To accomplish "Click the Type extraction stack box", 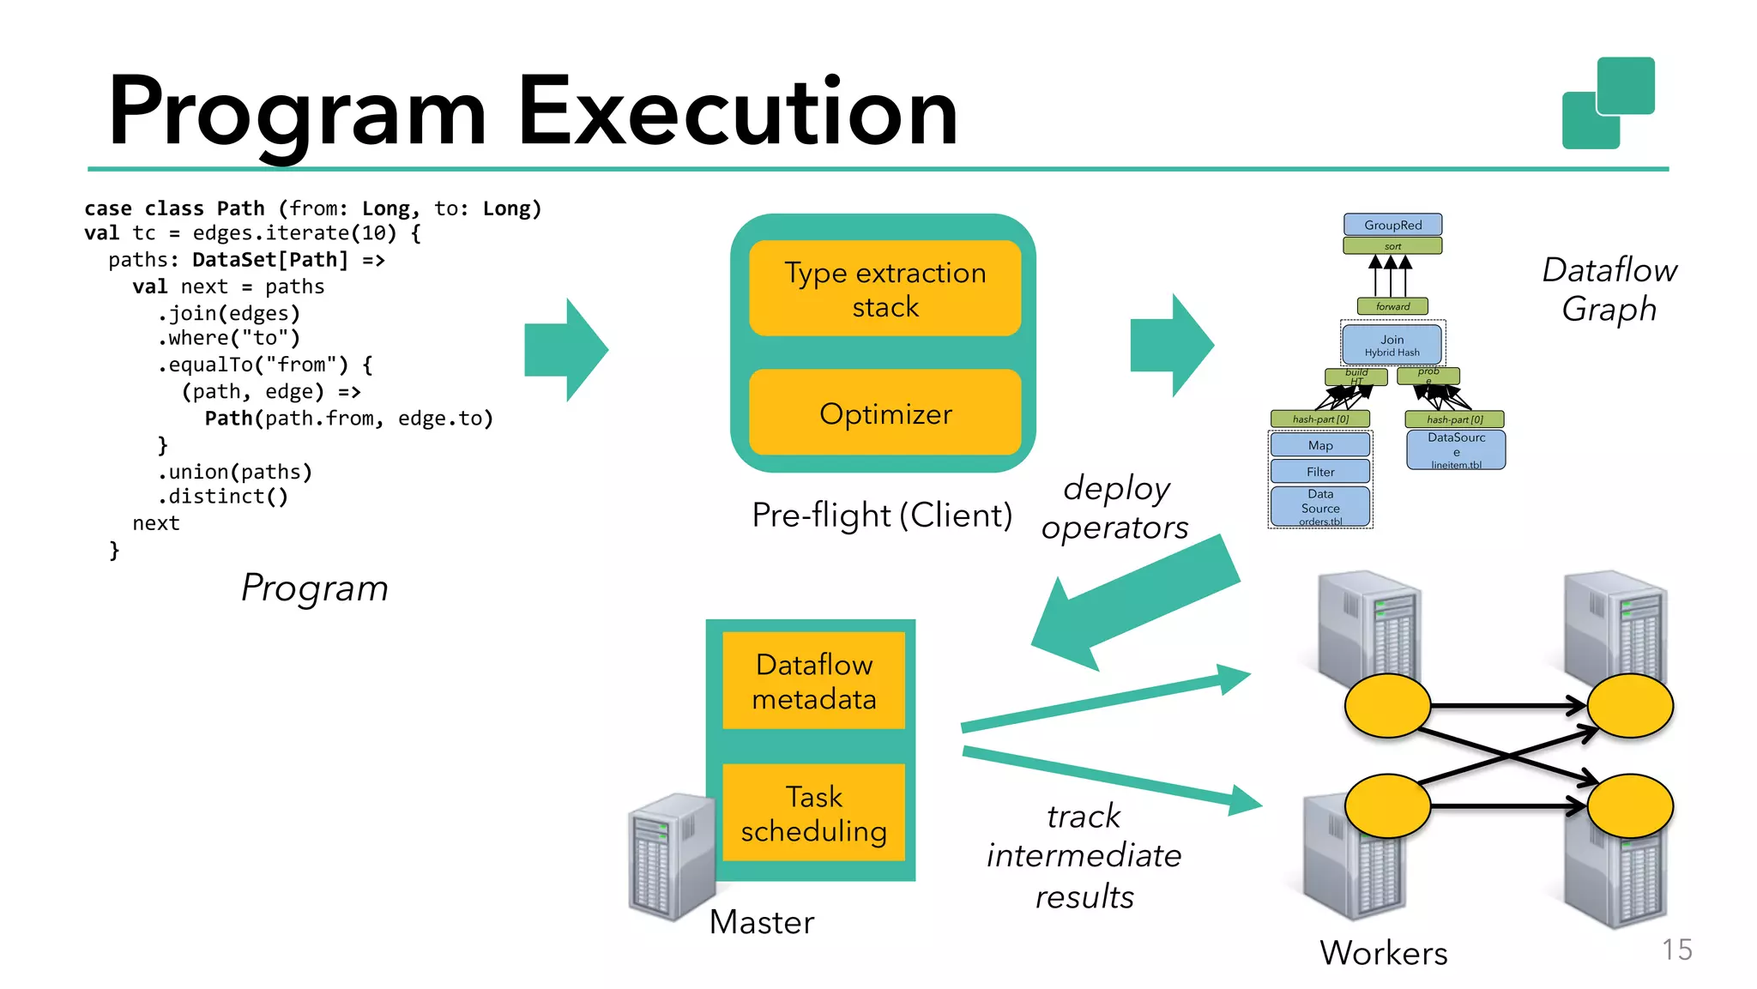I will pos(885,288).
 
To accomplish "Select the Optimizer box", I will pos(885,413).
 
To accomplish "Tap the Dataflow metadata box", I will pos(813,681).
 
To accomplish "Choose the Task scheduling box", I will pos(813,813).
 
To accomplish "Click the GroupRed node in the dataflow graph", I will pos(1392,225).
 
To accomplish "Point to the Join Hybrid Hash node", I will pos(1392,345).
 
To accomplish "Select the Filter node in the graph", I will pos(1320,472).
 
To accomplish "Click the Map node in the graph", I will pos(1320,445).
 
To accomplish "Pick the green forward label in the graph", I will pos(1392,306).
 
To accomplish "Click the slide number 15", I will pos(1676,950).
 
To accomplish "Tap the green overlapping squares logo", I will pos(1608,103).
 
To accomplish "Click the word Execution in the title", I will pos(737,112).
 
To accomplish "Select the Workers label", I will pos(1383,953).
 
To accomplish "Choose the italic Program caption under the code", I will pos(314,588).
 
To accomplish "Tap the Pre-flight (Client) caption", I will pos(882,516).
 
